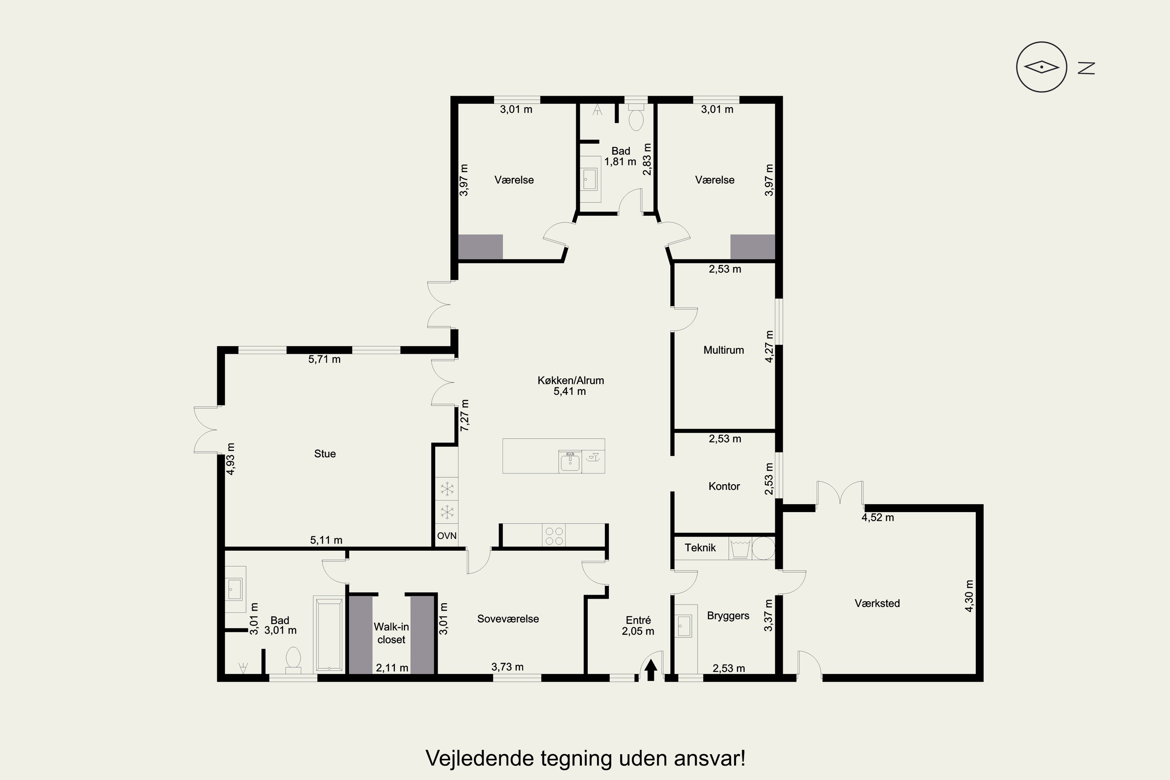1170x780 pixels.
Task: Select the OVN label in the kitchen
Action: tap(447, 536)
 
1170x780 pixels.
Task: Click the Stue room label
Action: tap(325, 454)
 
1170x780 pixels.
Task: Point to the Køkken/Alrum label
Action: tap(571, 381)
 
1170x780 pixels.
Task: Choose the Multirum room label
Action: tap(723, 350)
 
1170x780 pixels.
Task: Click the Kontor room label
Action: tap(724, 486)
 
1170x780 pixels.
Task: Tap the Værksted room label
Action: tap(877, 603)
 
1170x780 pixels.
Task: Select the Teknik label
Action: tap(700, 548)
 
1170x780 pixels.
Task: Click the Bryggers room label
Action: tap(728, 616)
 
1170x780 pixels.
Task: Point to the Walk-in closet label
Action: tap(392, 633)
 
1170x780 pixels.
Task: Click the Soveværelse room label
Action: tap(508, 619)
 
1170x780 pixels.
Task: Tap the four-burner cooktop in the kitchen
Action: tap(554, 536)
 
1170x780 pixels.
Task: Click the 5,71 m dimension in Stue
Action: tap(324, 360)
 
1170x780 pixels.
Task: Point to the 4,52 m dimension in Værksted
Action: tap(877, 518)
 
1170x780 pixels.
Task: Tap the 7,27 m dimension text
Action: tap(464, 415)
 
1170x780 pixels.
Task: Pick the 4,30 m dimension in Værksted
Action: tap(969, 596)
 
